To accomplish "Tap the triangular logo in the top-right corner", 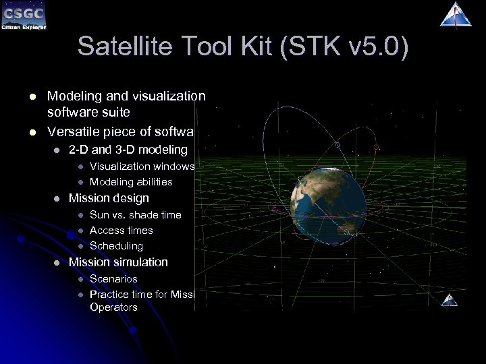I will pyautogui.click(x=456, y=15).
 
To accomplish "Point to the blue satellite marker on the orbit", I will pyautogui.click(x=338, y=144).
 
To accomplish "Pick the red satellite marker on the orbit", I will pyautogui.click(x=376, y=146).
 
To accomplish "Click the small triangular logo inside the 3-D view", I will pyautogui.click(x=450, y=300).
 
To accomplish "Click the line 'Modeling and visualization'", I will pyautogui.click(x=126, y=96).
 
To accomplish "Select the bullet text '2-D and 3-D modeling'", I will pyautogui.click(x=128, y=150).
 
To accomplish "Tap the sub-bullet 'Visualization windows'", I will pyautogui.click(x=142, y=166).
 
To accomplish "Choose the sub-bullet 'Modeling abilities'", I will pyautogui.click(x=131, y=182).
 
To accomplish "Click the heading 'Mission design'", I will pyautogui.click(x=109, y=198).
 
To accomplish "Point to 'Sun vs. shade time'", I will pyautogui.click(x=135, y=214).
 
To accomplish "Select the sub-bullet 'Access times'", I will pyautogui.click(x=121, y=231).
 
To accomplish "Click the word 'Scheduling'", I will pyautogui.click(x=116, y=246).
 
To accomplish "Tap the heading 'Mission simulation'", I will pyautogui.click(x=118, y=262).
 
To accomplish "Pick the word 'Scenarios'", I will pyautogui.click(x=113, y=278).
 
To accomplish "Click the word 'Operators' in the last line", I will pyautogui.click(x=113, y=307).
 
